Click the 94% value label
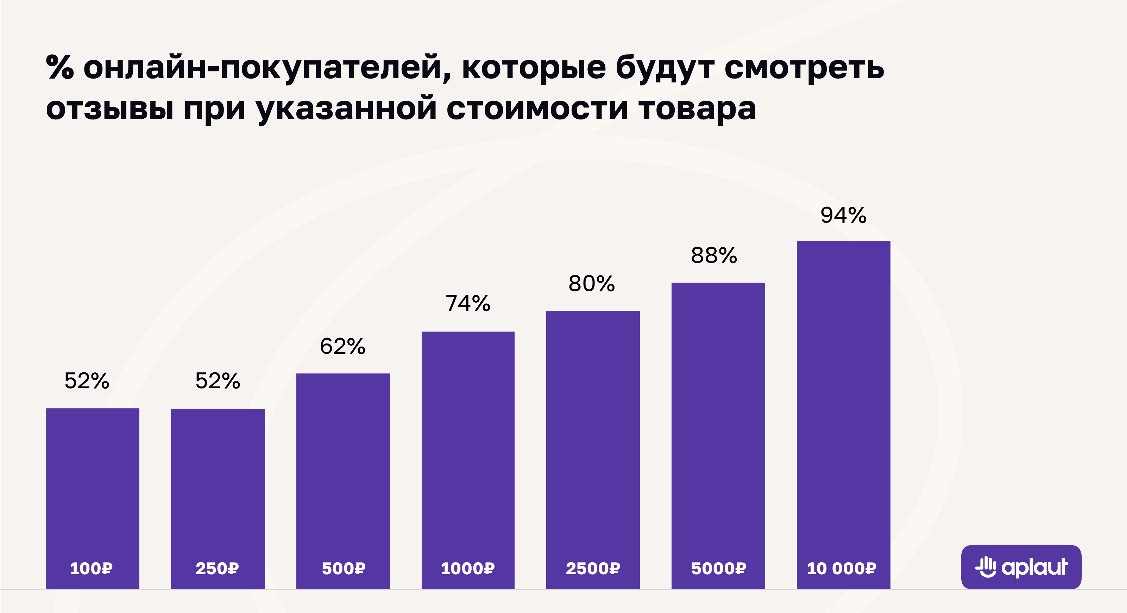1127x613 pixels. coord(843,215)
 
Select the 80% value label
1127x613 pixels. coord(592,284)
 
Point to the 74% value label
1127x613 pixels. coord(468,303)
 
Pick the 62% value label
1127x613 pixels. coord(342,346)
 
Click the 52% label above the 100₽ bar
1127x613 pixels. coord(87,380)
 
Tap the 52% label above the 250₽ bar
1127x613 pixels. coord(218,380)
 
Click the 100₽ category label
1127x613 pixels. coord(92,568)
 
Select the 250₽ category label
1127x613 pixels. coord(217,568)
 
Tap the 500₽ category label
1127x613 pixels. coord(343,568)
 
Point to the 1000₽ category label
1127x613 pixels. coord(468,568)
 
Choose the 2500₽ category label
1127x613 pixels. coord(593,568)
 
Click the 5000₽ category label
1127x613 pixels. coord(718,568)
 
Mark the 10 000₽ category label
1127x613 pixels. coord(841,568)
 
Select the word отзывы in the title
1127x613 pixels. coord(109,108)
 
